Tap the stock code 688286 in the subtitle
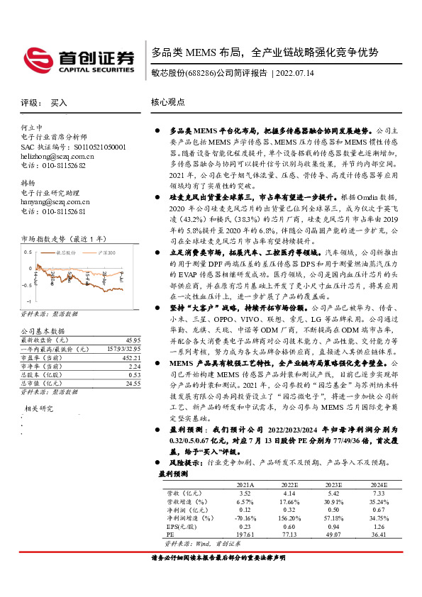[x=201, y=74]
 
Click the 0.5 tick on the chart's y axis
[x=28, y=252]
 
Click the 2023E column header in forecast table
[x=334, y=484]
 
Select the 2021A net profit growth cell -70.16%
[x=245, y=518]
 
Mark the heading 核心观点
[x=168, y=102]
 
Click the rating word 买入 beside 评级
[x=59, y=103]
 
